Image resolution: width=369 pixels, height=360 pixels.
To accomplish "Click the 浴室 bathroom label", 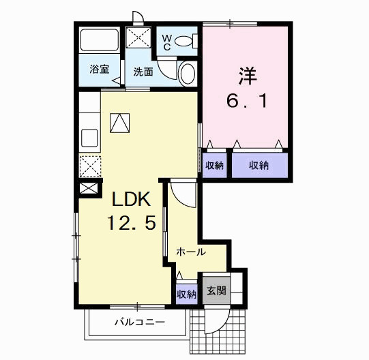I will pos(100,70).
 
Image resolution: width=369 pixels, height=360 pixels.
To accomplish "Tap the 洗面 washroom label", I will pos(143,71).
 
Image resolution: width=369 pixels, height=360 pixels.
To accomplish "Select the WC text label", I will pos(166,42).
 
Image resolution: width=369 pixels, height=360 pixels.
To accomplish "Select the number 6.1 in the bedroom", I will pos(246,102).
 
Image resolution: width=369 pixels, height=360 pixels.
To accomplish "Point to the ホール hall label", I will pos(191,252).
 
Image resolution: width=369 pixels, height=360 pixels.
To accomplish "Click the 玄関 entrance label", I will pos(216,291).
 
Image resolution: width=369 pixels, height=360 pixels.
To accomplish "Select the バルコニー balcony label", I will pos(138,322).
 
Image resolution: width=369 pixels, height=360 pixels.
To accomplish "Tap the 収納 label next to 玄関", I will pos(187,295).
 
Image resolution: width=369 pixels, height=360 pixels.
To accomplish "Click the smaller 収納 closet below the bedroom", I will pos(213,165).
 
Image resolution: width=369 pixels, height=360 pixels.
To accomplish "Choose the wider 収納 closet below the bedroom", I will pos(258,165).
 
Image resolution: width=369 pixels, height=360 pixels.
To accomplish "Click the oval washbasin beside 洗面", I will pos(186,73).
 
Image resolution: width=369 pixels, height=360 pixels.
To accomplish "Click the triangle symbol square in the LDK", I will pos(120,122).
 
